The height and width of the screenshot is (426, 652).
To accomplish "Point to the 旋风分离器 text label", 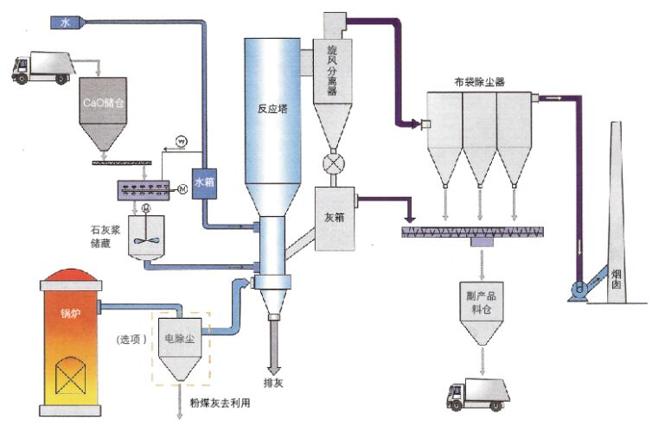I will (x=331, y=68).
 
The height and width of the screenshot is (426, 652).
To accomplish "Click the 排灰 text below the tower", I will (x=274, y=380).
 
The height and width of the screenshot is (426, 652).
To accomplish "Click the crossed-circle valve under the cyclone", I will (x=332, y=163).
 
